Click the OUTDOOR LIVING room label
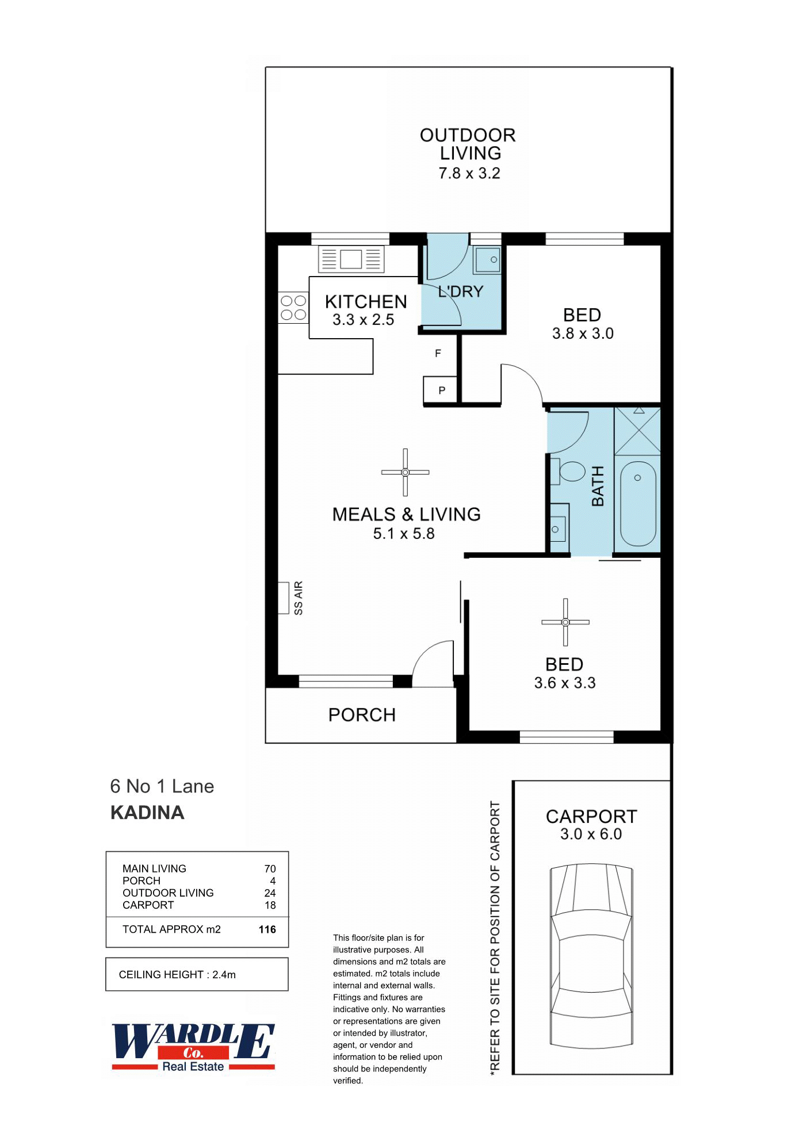(x=468, y=144)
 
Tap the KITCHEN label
(x=366, y=302)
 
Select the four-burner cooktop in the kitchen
(x=293, y=308)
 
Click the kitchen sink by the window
(x=351, y=259)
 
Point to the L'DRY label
(x=461, y=292)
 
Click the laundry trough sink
(x=487, y=259)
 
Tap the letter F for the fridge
(x=438, y=354)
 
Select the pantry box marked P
(x=441, y=390)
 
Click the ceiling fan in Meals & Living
(x=406, y=472)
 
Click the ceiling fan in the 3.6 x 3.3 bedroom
(x=565, y=622)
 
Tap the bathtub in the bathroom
(x=638, y=504)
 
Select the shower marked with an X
(x=637, y=431)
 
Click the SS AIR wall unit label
(x=298, y=598)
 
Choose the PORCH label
(x=362, y=715)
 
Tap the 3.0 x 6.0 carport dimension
(x=591, y=834)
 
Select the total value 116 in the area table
(x=267, y=929)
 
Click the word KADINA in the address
(x=147, y=813)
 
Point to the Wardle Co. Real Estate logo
(x=193, y=1047)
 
